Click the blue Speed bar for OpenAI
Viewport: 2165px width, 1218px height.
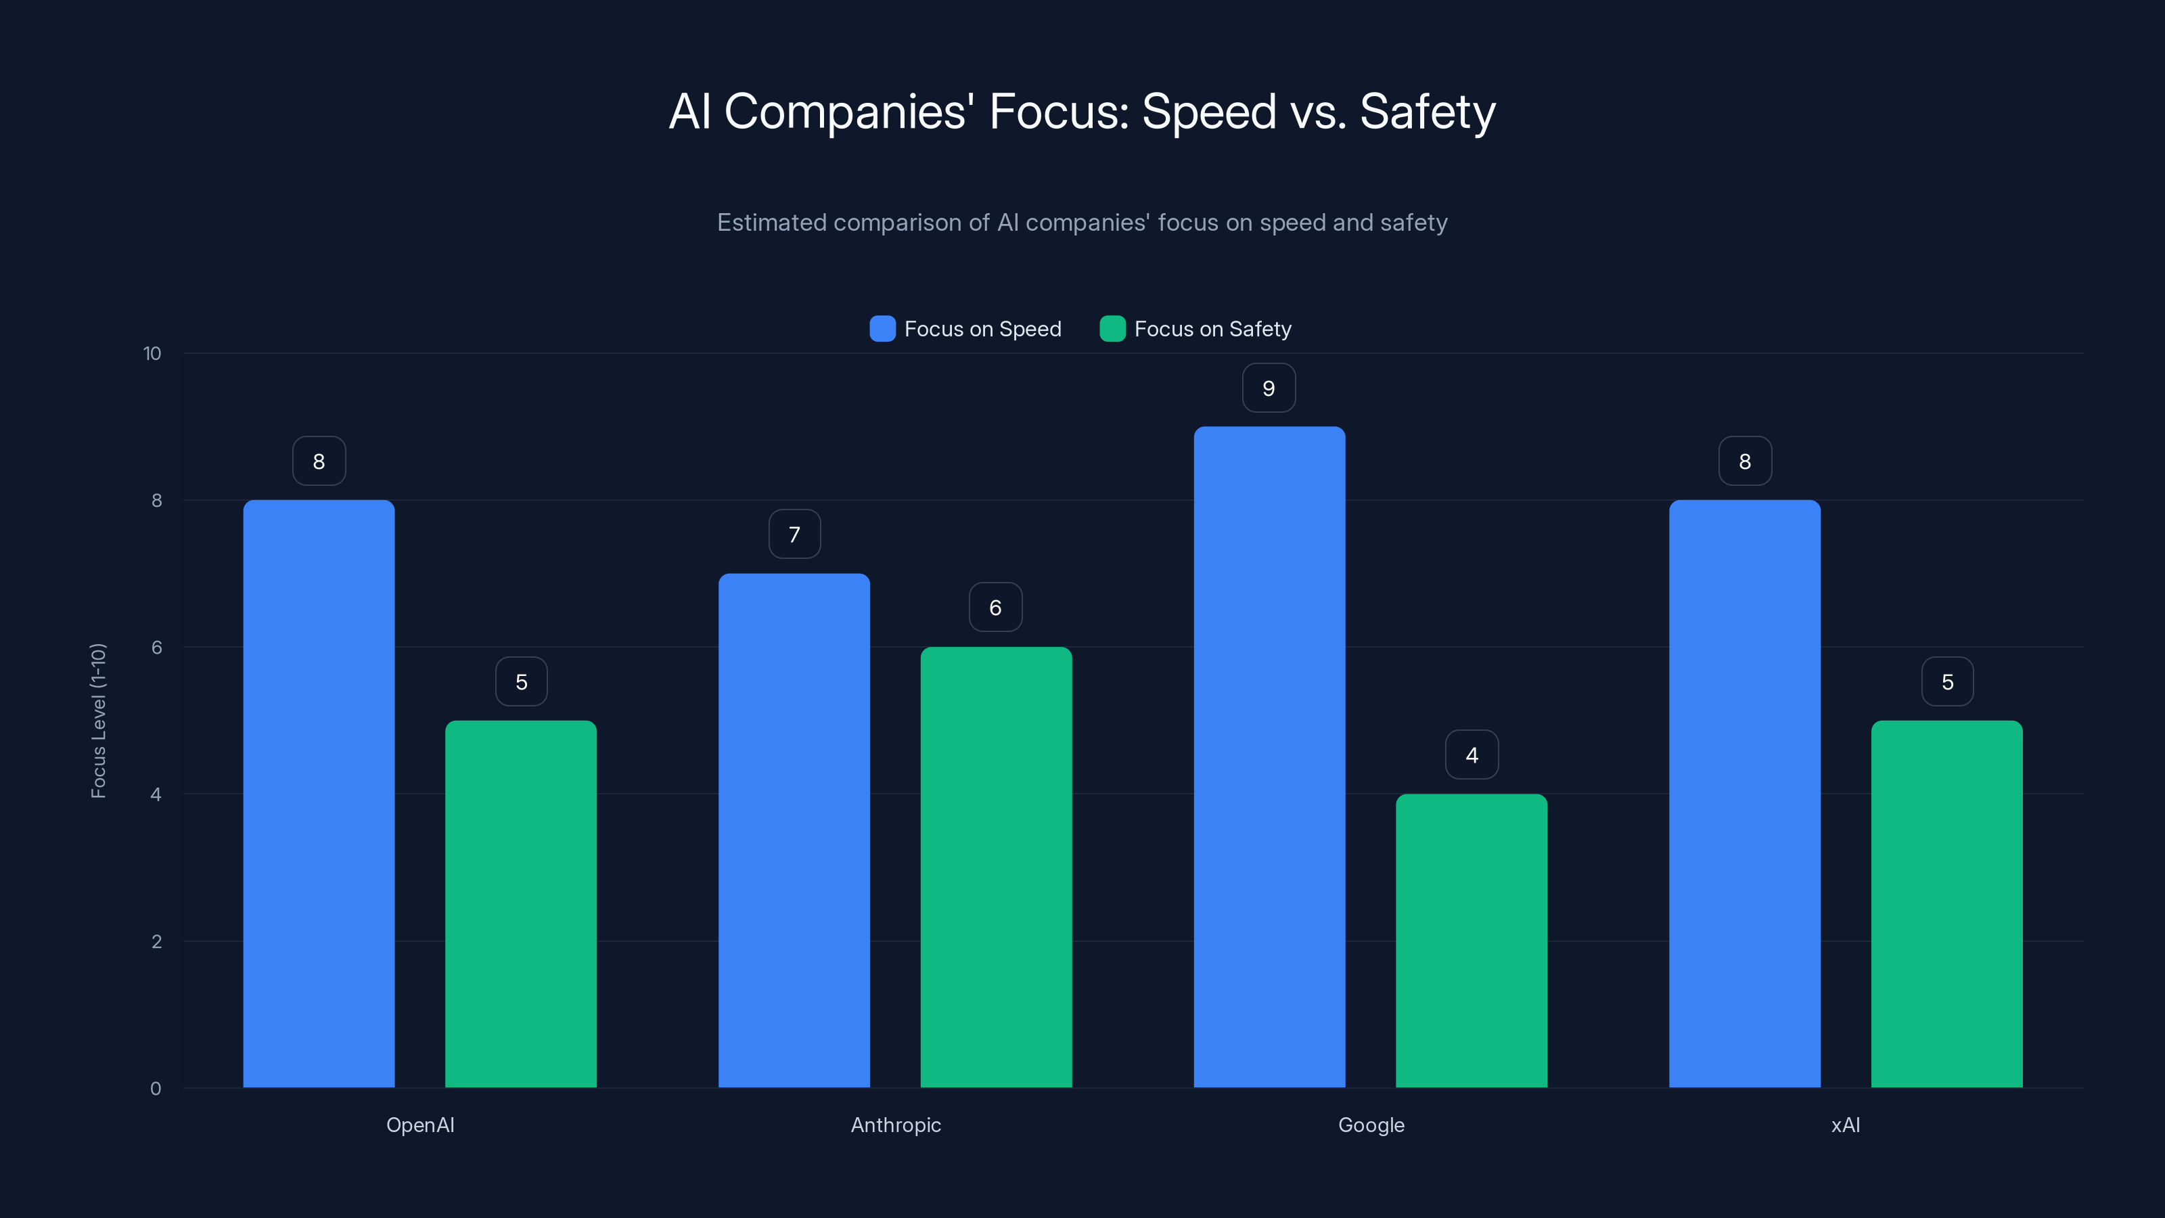(319, 794)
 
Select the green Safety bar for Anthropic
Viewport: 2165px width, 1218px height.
(996, 867)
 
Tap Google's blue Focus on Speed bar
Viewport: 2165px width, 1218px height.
(1269, 757)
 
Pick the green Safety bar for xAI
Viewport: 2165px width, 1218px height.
(1946, 903)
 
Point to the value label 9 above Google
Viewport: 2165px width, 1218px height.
(1269, 388)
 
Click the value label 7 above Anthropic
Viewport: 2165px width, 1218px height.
(794, 535)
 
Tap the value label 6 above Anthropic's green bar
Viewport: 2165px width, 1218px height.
(995, 608)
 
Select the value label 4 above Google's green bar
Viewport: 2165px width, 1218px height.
(1472, 755)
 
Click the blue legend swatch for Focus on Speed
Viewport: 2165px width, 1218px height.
(882, 329)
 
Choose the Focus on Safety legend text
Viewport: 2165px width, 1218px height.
(1212, 329)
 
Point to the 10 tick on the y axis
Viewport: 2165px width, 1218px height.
(152, 354)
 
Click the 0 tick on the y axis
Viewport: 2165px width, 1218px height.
(156, 1089)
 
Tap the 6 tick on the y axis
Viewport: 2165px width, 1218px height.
(156, 648)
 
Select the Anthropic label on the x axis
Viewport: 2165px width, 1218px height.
(896, 1125)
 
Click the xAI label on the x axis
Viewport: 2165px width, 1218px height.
(1846, 1125)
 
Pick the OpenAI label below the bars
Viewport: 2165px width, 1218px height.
(420, 1125)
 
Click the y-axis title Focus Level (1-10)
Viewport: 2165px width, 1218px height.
(98, 721)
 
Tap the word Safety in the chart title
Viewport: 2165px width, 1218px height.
(1427, 112)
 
